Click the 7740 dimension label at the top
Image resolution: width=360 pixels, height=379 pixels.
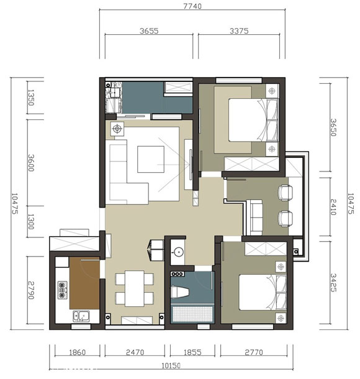[x=192, y=6]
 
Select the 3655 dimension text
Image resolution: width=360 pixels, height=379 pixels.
[x=149, y=31]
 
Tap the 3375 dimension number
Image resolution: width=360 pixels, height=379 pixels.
[x=239, y=31]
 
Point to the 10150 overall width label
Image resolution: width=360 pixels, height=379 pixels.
[x=171, y=366]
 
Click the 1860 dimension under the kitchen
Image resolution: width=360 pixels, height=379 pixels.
[x=77, y=352]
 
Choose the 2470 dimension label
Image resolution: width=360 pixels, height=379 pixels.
[x=135, y=352]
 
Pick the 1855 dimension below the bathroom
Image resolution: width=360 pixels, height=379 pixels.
[x=192, y=352]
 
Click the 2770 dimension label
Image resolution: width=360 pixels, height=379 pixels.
[x=254, y=352]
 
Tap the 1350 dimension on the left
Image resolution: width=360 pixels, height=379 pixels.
[x=31, y=98]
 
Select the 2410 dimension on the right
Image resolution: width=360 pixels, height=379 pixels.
[x=333, y=207]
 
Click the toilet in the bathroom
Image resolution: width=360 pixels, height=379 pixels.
[x=179, y=291]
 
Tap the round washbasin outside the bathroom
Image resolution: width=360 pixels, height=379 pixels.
[x=178, y=252]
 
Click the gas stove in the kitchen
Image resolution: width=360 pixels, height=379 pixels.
[x=62, y=290]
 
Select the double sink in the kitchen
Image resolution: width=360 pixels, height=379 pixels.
[x=81, y=316]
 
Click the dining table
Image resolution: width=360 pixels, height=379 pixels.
[x=135, y=289]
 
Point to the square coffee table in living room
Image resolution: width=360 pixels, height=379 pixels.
[x=151, y=159]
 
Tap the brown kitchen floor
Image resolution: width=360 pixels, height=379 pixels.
[x=84, y=283]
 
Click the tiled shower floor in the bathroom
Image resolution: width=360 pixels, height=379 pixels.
[x=192, y=314]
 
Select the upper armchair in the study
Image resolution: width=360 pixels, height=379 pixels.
[x=286, y=193]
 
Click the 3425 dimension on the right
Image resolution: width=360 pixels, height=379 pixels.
[x=333, y=283]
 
